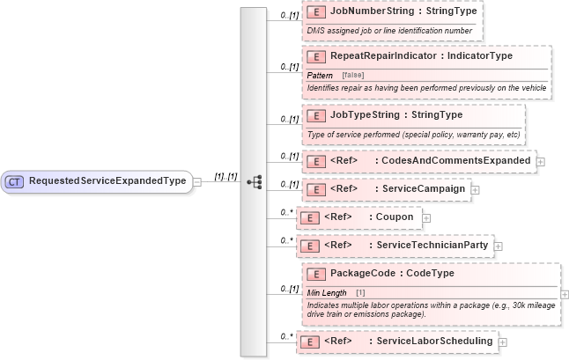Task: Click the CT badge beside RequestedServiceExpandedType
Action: pos(15,181)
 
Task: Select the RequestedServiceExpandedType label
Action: pos(107,181)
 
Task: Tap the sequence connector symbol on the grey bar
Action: pos(255,181)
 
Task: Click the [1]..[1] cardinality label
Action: pos(225,177)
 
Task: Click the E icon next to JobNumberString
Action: pos(315,14)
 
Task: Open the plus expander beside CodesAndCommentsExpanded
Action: pos(541,161)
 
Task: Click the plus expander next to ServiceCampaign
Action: pos(475,189)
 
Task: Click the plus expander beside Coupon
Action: pos(426,217)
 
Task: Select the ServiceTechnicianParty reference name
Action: pos(432,245)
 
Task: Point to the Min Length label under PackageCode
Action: pos(327,292)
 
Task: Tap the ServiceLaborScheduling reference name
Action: pos(434,341)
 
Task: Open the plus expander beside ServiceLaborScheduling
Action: pos(503,342)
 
